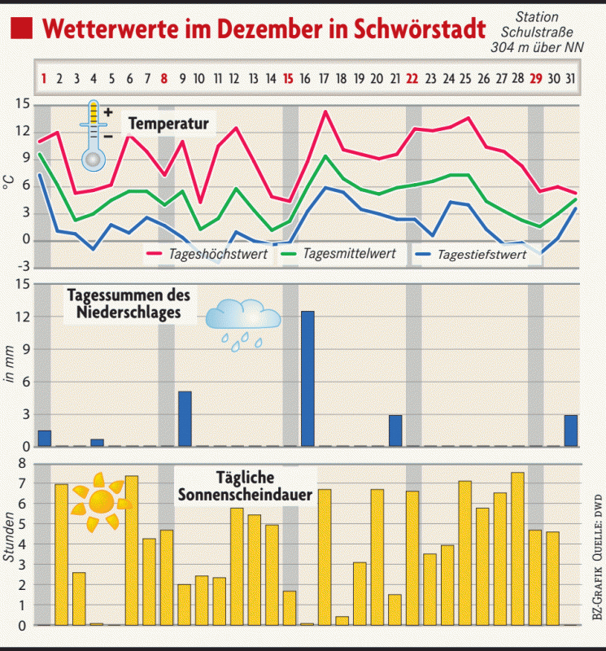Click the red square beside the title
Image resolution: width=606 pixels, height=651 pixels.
pos(22,29)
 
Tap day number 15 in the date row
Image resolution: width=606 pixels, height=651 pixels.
pos(288,79)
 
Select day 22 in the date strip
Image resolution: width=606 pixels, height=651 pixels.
pos(412,79)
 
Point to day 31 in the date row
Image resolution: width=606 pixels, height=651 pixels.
pos(571,79)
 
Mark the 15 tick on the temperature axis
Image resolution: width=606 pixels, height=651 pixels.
pos(22,103)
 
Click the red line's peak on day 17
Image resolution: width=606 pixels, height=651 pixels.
pos(325,111)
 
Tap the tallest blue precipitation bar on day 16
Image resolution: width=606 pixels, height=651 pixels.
pos(307,378)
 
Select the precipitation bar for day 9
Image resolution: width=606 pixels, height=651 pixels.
pos(185,418)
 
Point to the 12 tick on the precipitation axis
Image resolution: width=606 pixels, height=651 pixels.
pos(22,317)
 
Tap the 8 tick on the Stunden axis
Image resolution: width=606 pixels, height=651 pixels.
pos(22,464)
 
